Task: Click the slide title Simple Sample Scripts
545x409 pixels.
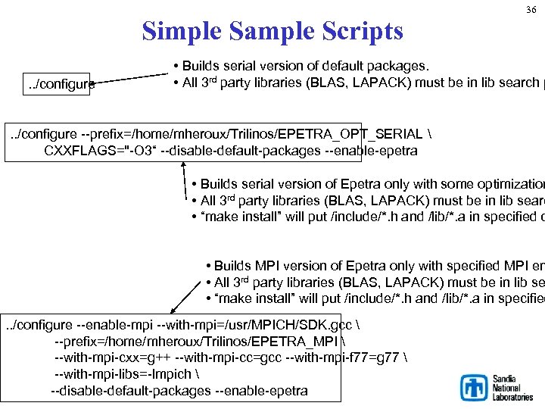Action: click(x=272, y=31)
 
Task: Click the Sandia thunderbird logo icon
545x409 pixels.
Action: click(x=475, y=387)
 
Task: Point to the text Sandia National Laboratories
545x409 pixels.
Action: click(x=512, y=387)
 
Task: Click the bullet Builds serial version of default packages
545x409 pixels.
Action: click(x=303, y=65)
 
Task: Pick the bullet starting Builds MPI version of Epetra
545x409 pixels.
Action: click(x=371, y=266)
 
